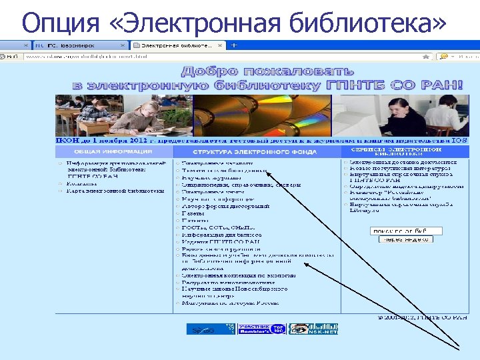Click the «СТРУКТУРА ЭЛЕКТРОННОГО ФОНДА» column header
coord(257,151)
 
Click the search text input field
coord(406,231)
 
